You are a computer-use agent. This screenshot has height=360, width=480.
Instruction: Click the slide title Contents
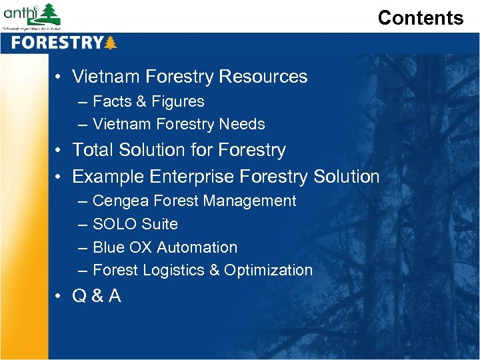[420, 18]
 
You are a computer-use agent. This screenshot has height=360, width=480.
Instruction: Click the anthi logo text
[20, 13]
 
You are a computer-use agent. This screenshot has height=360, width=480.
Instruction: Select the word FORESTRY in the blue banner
[56, 43]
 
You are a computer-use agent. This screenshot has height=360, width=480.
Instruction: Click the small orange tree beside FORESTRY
[110, 43]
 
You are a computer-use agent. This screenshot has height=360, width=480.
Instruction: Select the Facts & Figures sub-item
[148, 101]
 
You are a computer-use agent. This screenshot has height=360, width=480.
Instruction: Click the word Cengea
[120, 201]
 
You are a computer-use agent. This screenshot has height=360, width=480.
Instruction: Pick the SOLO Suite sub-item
[135, 224]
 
